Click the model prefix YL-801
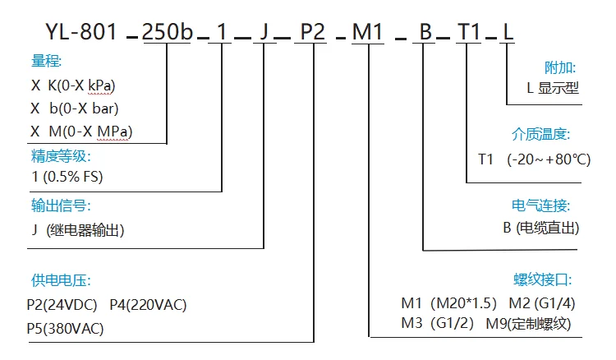81,31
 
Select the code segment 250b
168,31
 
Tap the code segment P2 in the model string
313,31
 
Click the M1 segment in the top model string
367,31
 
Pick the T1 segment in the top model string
469,31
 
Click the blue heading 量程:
46,61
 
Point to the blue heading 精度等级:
61,156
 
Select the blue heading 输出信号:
61,205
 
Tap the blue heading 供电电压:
61,280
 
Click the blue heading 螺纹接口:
543,279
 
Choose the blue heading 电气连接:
541,205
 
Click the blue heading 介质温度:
541,134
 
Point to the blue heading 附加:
560,67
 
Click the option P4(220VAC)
148,305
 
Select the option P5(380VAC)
65,328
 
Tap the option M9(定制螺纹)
528,324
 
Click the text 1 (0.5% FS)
67,177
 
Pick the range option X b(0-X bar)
75,108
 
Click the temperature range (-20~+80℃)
549,159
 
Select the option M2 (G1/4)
542,303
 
